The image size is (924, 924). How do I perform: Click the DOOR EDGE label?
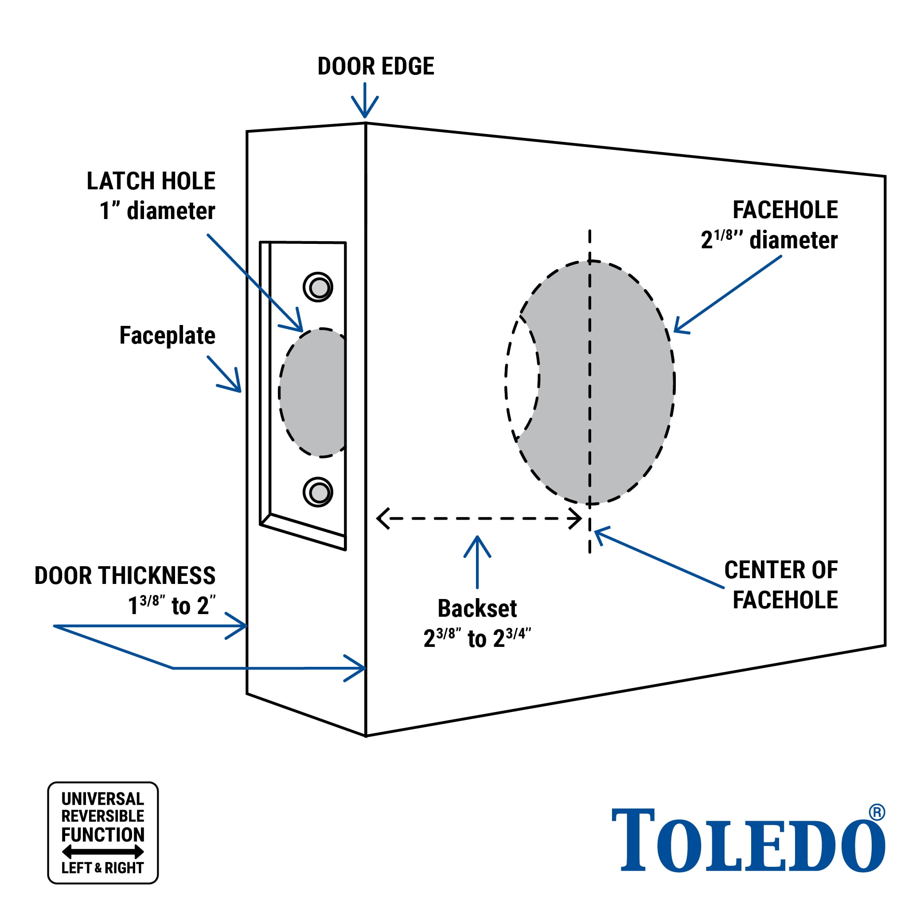pyautogui.click(x=375, y=66)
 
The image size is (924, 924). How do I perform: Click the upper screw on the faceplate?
pyautogui.click(x=318, y=287)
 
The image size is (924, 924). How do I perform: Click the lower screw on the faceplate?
pyautogui.click(x=318, y=492)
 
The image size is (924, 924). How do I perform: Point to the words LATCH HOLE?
pyautogui.click(x=151, y=181)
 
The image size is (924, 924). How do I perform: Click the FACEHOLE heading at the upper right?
pyautogui.click(x=785, y=210)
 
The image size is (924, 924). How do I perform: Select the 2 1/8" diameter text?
pyautogui.click(x=769, y=239)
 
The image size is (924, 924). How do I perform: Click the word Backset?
pyautogui.click(x=477, y=608)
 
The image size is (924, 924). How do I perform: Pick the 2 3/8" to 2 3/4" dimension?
pyautogui.click(x=477, y=638)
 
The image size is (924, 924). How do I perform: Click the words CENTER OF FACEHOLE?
pyautogui.click(x=780, y=585)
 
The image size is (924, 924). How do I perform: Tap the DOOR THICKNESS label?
pyautogui.click(x=125, y=575)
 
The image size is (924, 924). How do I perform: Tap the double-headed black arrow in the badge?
pyautogui.click(x=103, y=852)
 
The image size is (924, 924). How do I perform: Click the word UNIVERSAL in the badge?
pyautogui.click(x=102, y=799)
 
